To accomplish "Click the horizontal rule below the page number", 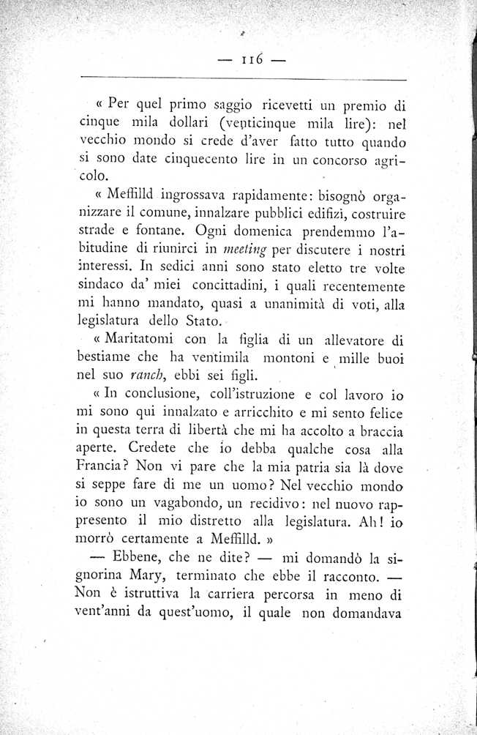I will click(x=241, y=79).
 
